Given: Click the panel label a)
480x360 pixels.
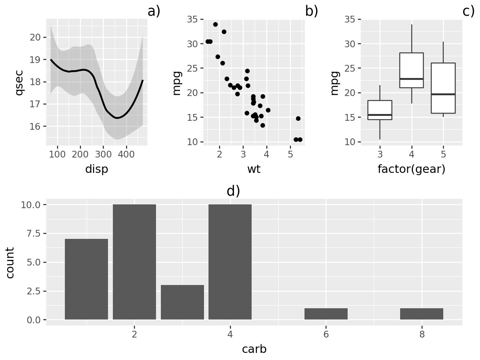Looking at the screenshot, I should pyautogui.click(x=154, y=11).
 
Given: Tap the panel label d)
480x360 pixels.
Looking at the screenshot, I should pyautogui.click(x=233, y=191).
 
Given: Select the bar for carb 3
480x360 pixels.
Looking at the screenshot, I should pyautogui.click(x=182, y=302).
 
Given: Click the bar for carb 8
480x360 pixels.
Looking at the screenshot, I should pyautogui.click(x=421, y=314).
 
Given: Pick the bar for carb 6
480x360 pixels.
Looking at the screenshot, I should pyautogui.click(x=326, y=314).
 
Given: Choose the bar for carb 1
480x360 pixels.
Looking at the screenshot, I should pyautogui.click(x=86, y=279).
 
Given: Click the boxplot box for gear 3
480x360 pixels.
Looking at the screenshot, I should pyautogui.click(x=380, y=110).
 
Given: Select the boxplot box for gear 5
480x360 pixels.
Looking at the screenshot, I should pyautogui.click(x=443, y=88).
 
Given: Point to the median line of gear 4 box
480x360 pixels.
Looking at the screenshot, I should pyautogui.click(x=411, y=79).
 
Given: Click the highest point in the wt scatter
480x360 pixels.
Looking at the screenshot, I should pyautogui.click(x=215, y=24).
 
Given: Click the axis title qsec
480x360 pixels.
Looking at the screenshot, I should pyautogui.click(x=19, y=82).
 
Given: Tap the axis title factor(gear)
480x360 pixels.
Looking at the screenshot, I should pyautogui.click(x=411, y=169).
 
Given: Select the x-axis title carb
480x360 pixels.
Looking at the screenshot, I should pyautogui.click(x=254, y=349).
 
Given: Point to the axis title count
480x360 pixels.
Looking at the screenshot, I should pyautogui.click(x=10, y=262).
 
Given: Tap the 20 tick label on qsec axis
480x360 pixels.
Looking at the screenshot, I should pyautogui.click(x=35, y=37).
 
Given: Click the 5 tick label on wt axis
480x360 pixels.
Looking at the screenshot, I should pyautogui.click(x=290, y=154).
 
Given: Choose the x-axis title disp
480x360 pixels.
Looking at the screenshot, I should pyautogui.click(x=97, y=169).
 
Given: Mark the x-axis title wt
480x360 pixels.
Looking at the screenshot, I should pyautogui.click(x=254, y=169).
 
